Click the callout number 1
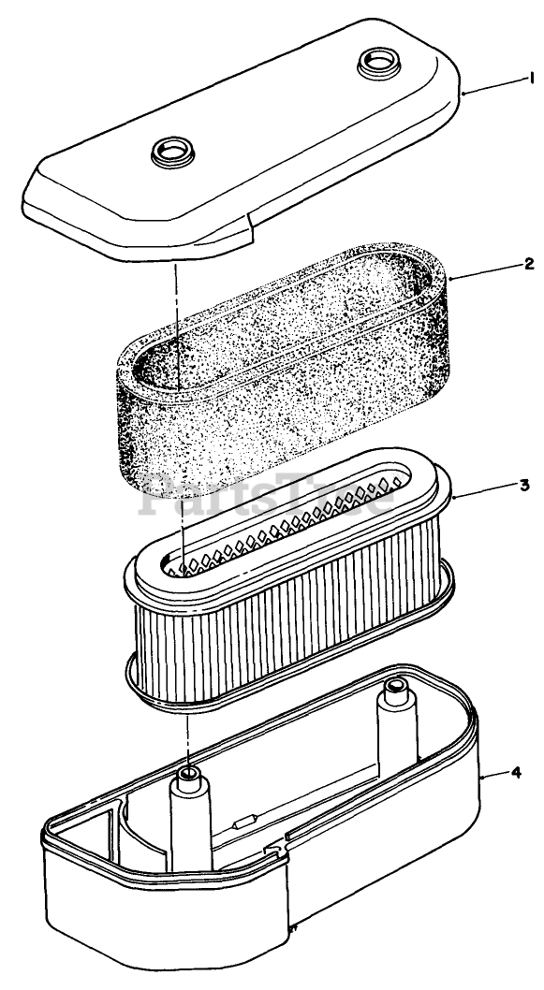pyautogui.click(x=532, y=79)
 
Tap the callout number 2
pyautogui.click(x=529, y=264)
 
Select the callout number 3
pyautogui.click(x=525, y=485)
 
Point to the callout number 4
pyautogui.click(x=516, y=772)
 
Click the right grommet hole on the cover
pyautogui.click(x=379, y=63)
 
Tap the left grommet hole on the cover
pyautogui.click(x=172, y=152)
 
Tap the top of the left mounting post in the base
pyautogui.click(x=188, y=776)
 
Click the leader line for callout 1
pyautogui.click(x=493, y=86)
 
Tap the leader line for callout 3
pyautogui.click(x=484, y=491)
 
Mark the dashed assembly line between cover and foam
pyautogui.click(x=178, y=323)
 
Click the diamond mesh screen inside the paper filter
pyautogui.click(x=285, y=524)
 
